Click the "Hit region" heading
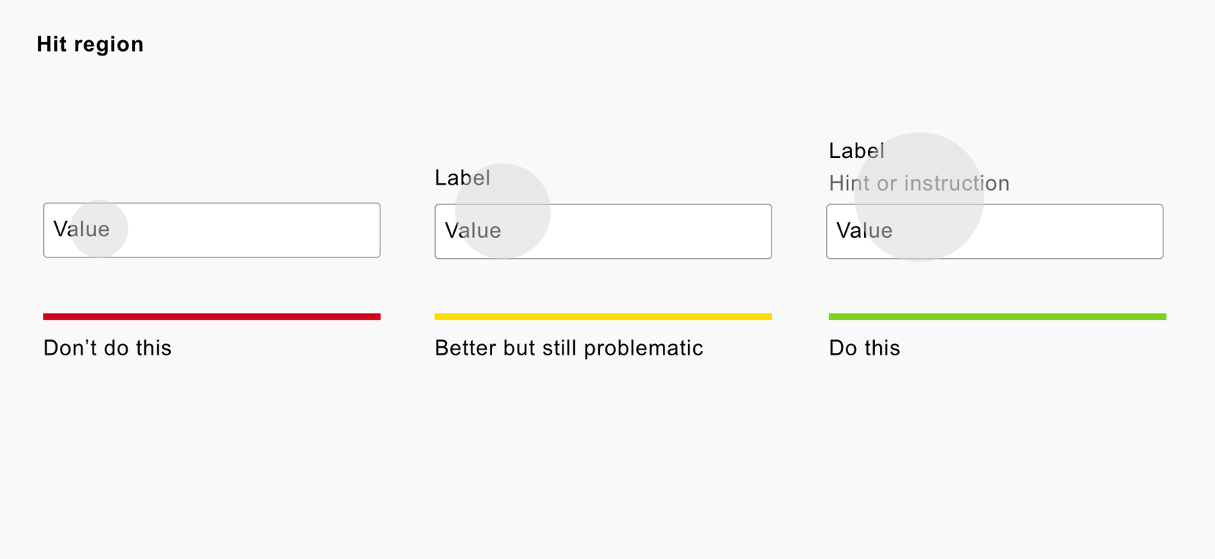click(90, 45)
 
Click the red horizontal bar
click(212, 317)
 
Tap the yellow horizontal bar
click(603, 317)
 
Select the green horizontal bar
click(998, 317)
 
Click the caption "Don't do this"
click(107, 348)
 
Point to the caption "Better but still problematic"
click(569, 349)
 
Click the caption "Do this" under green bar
click(865, 348)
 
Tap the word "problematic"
click(643, 349)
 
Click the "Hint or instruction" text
click(920, 184)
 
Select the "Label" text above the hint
click(857, 151)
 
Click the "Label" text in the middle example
click(462, 178)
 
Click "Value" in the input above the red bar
click(81, 229)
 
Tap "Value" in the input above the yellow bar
click(473, 231)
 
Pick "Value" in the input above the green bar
click(864, 231)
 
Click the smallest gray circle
click(99, 229)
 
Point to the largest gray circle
click(920, 197)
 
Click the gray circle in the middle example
click(503, 211)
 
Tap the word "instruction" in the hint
click(957, 184)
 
